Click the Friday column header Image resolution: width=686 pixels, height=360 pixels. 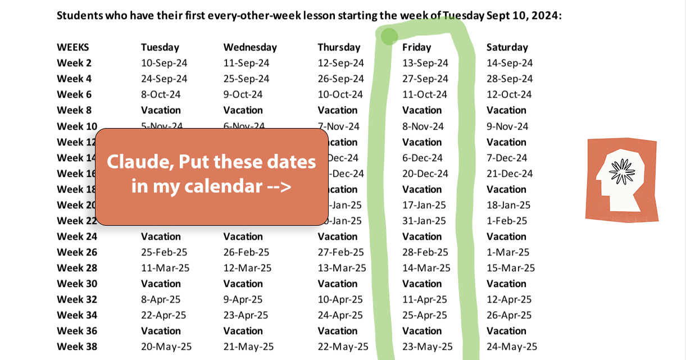[x=416, y=47]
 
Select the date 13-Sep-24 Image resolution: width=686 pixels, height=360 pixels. [x=425, y=63]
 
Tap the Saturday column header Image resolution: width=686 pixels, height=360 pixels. [x=507, y=47]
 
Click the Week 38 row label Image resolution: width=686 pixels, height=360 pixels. [x=77, y=347]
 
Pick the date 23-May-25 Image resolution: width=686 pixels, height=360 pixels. [x=427, y=347]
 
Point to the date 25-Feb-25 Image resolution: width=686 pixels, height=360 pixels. [x=164, y=252]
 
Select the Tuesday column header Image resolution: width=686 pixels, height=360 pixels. [x=160, y=47]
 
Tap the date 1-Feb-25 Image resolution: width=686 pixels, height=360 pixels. [x=507, y=221]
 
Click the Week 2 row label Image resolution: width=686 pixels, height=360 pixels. [x=74, y=63]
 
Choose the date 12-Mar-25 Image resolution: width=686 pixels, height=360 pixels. [x=247, y=268]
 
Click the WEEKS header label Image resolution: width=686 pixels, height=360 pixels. [x=72, y=47]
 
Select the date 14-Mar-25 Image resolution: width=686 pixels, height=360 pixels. [x=426, y=268]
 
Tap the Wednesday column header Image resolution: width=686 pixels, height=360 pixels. [x=250, y=47]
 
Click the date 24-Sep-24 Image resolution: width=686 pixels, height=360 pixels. [x=164, y=79]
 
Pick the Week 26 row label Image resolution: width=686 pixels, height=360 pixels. [x=77, y=252]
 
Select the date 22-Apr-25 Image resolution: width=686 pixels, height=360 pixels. [x=163, y=315]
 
